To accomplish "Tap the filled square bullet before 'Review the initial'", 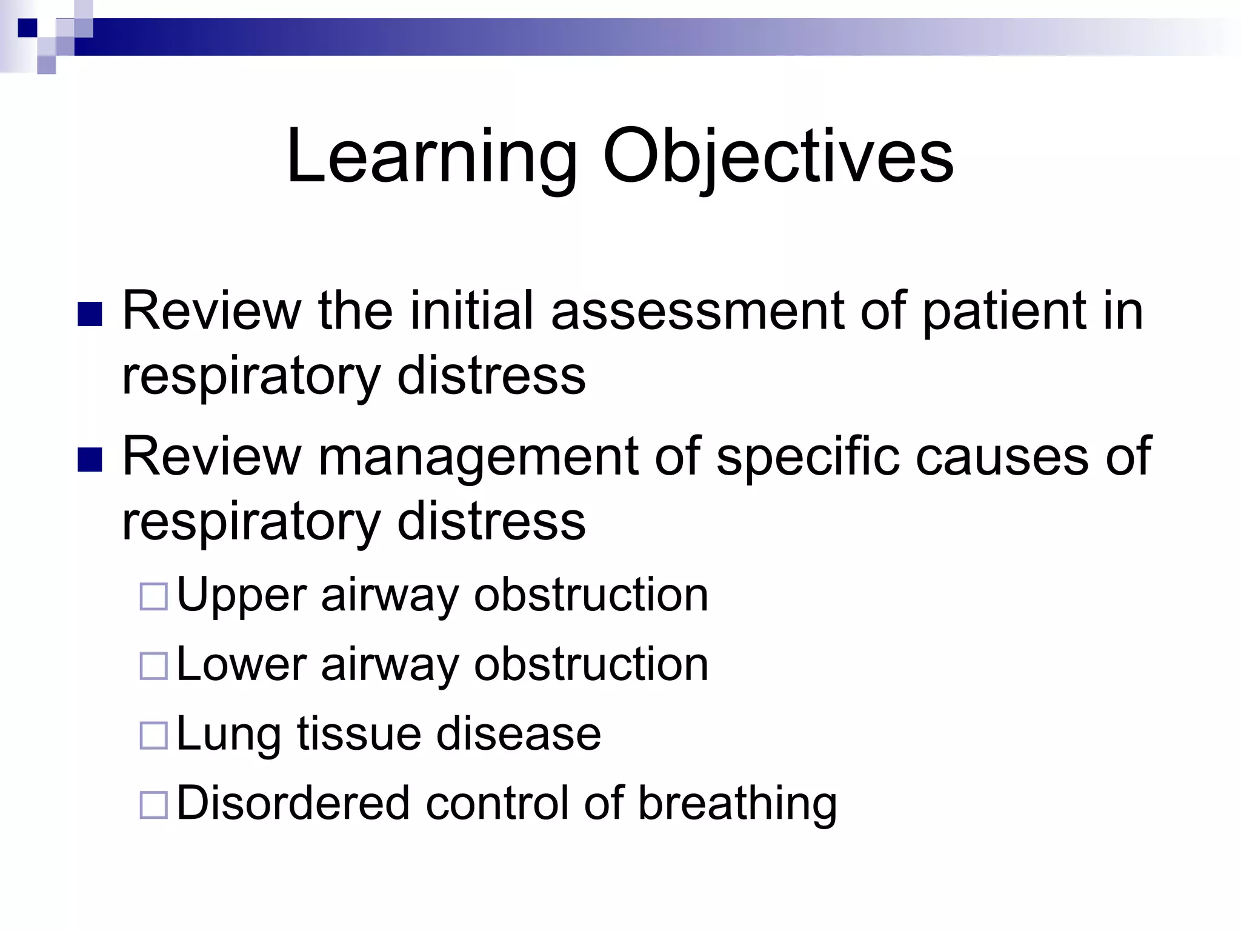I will [90, 314].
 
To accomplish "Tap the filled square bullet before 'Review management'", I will [90, 459].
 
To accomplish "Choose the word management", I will [478, 458].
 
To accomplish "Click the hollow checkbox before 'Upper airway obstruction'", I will [153, 596].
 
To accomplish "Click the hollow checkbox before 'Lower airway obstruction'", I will [153, 666].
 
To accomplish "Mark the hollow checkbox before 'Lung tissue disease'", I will [153, 735].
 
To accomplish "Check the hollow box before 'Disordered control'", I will [153, 805].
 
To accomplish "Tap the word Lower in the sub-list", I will [241, 664].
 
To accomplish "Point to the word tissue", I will [359, 733].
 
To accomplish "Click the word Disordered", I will [293, 803].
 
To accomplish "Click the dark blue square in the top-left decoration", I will [27, 28].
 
